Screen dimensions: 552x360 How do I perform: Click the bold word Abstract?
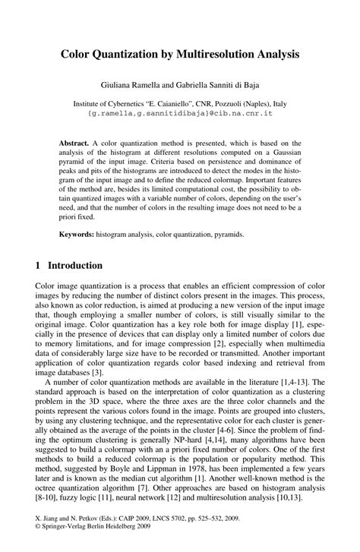click(x=74, y=142)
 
